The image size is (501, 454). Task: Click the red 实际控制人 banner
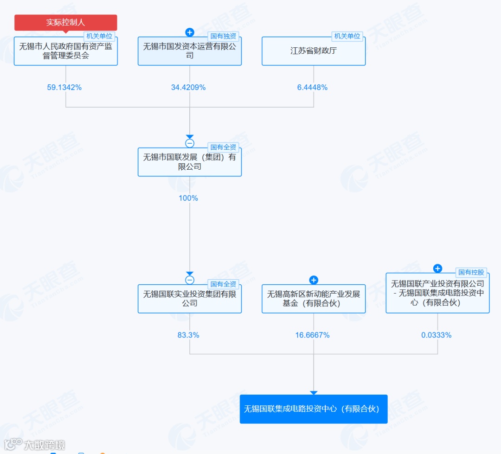point(65,22)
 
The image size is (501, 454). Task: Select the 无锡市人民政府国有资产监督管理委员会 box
point(65,51)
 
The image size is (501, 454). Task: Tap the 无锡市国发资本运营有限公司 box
point(189,51)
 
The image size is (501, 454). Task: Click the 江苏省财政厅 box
point(313,51)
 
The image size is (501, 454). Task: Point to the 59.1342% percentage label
point(64,87)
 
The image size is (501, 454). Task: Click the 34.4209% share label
point(188,87)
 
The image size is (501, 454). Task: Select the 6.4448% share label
point(312,87)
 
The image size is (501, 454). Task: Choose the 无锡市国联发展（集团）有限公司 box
point(189,162)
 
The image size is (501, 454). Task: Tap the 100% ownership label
point(188,198)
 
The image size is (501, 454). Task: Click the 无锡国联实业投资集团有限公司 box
point(189,299)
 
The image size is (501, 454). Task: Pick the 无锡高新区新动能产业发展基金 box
point(313,299)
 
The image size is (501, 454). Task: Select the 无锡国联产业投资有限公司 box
point(437,293)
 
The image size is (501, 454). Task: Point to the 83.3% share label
point(188,335)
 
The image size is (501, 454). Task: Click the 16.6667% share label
point(312,335)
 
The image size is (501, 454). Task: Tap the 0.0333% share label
point(436,335)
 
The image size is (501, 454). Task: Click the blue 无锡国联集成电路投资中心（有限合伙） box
point(313,409)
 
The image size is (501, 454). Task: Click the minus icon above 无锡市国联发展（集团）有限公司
point(189,143)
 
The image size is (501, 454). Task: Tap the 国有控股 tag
point(471,272)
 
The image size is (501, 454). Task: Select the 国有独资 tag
point(223,36)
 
